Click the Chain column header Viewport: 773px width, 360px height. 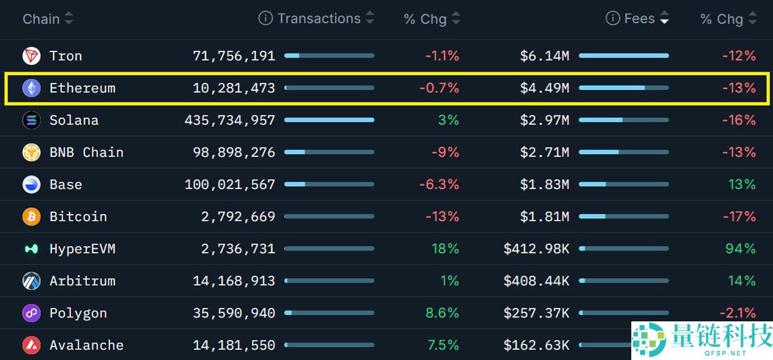click(x=41, y=19)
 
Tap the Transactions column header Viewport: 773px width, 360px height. click(x=319, y=19)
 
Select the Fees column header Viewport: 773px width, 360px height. click(x=639, y=19)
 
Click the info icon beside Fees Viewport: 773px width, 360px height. click(x=613, y=19)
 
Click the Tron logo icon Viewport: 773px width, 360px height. click(x=32, y=56)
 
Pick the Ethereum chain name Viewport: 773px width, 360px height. click(x=82, y=88)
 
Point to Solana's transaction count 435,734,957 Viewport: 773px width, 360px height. click(x=230, y=120)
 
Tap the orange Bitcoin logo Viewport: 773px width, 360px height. click(x=32, y=217)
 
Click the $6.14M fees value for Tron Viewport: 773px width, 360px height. click(x=544, y=56)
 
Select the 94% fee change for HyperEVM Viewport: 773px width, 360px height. click(x=740, y=249)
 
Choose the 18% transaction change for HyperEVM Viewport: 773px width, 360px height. click(x=445, y=249)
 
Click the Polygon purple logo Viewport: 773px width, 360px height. click(x=32, y=314)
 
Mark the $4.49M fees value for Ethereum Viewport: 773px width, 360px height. click(x=544, y=88)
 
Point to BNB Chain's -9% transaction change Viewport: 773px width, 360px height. click(x=445, y=153)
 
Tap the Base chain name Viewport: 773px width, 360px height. click(x=66, y=185)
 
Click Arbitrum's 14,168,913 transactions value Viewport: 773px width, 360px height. click(x=234, y=281)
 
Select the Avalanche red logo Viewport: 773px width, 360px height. click(x=32, y=346)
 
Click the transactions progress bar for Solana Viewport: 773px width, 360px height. click(x=329, y=120)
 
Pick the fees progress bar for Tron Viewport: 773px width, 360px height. click(x=624, y=56)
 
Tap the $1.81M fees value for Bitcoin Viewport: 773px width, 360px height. click(x=544, y=217)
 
